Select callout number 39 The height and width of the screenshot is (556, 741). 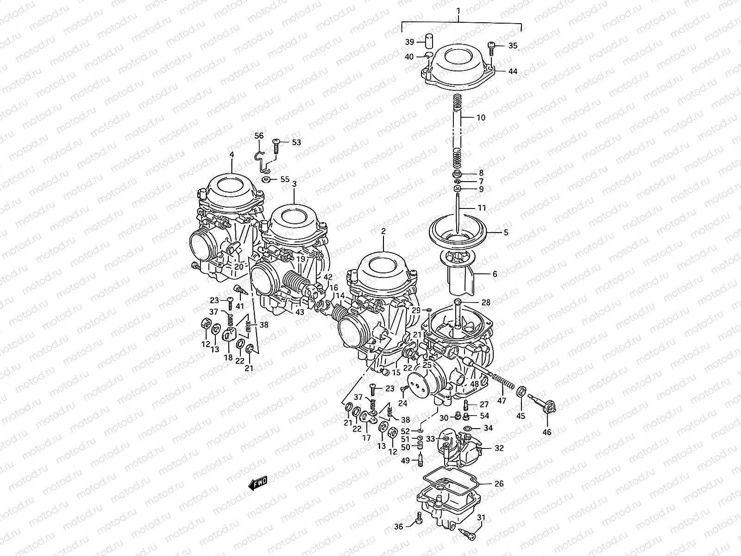click(410, 42)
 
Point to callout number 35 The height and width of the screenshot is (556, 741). click(513, 46)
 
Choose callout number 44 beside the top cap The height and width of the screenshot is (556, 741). click(513, 72)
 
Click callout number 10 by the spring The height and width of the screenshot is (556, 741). click(481, 118)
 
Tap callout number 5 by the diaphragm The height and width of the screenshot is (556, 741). click(506, 233)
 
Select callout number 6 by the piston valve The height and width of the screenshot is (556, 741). click(495, 274)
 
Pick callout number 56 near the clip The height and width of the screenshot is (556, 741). click(259, 136)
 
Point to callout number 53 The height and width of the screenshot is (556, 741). click(296, 142)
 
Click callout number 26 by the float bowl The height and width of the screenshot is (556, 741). click(499, 484)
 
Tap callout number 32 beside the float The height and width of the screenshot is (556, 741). click(499, 449)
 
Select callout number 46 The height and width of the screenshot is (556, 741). click(547, 432)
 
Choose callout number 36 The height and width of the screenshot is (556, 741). click(399, 526)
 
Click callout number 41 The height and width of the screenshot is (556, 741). click(239, 306)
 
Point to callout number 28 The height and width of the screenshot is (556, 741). click(485, 303)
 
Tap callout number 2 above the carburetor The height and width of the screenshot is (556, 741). click(383, 230)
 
